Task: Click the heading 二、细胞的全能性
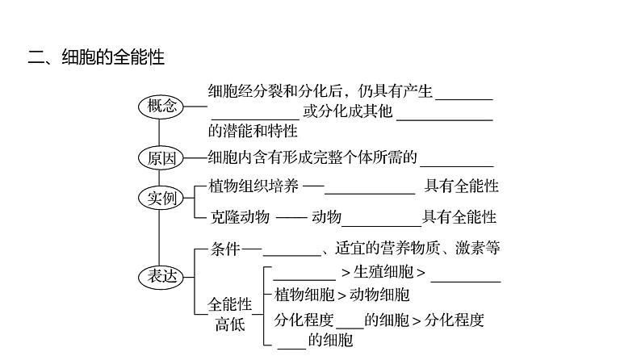[x=96, y=57]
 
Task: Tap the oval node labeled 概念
[x=161, y=106]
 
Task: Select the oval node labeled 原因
[x=161, y=158]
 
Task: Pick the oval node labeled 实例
[x=161, y=198]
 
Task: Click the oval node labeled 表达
[x=161, y=276]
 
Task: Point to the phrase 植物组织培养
[x=253, y=186]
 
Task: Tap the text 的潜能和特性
[x=253, y=131]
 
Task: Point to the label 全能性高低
[x=230, y=314]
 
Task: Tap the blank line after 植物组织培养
[x=370, y=193]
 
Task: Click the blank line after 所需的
[x=456, y=164]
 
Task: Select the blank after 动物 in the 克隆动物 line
[x=382, y=224]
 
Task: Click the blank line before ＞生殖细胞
[x=304, y=278]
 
